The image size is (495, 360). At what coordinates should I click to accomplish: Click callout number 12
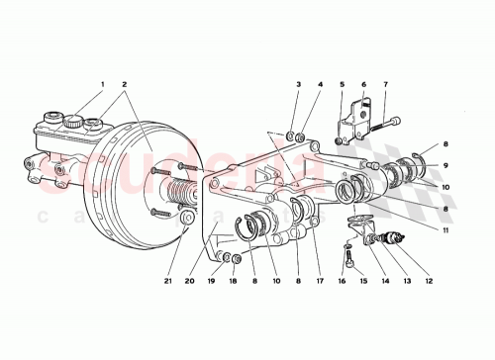pos(429,280)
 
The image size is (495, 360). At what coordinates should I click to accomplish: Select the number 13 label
pos(406,280)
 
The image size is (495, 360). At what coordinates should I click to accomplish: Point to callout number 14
pos(383,280)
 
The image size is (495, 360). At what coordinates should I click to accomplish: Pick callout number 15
pos(361,280)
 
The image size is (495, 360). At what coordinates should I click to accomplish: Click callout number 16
pos(341,280)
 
